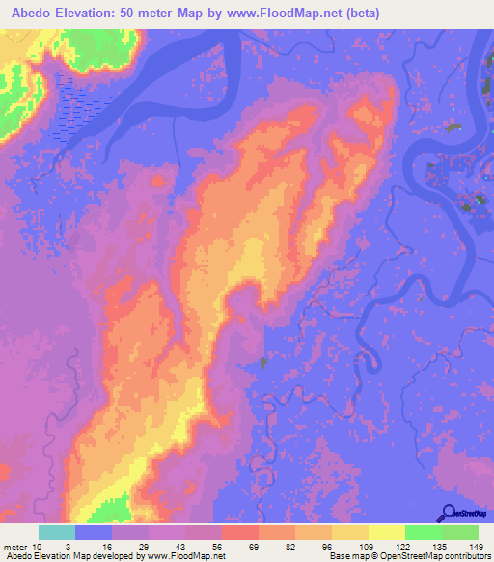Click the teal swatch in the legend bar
57,532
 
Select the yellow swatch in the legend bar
386,532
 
